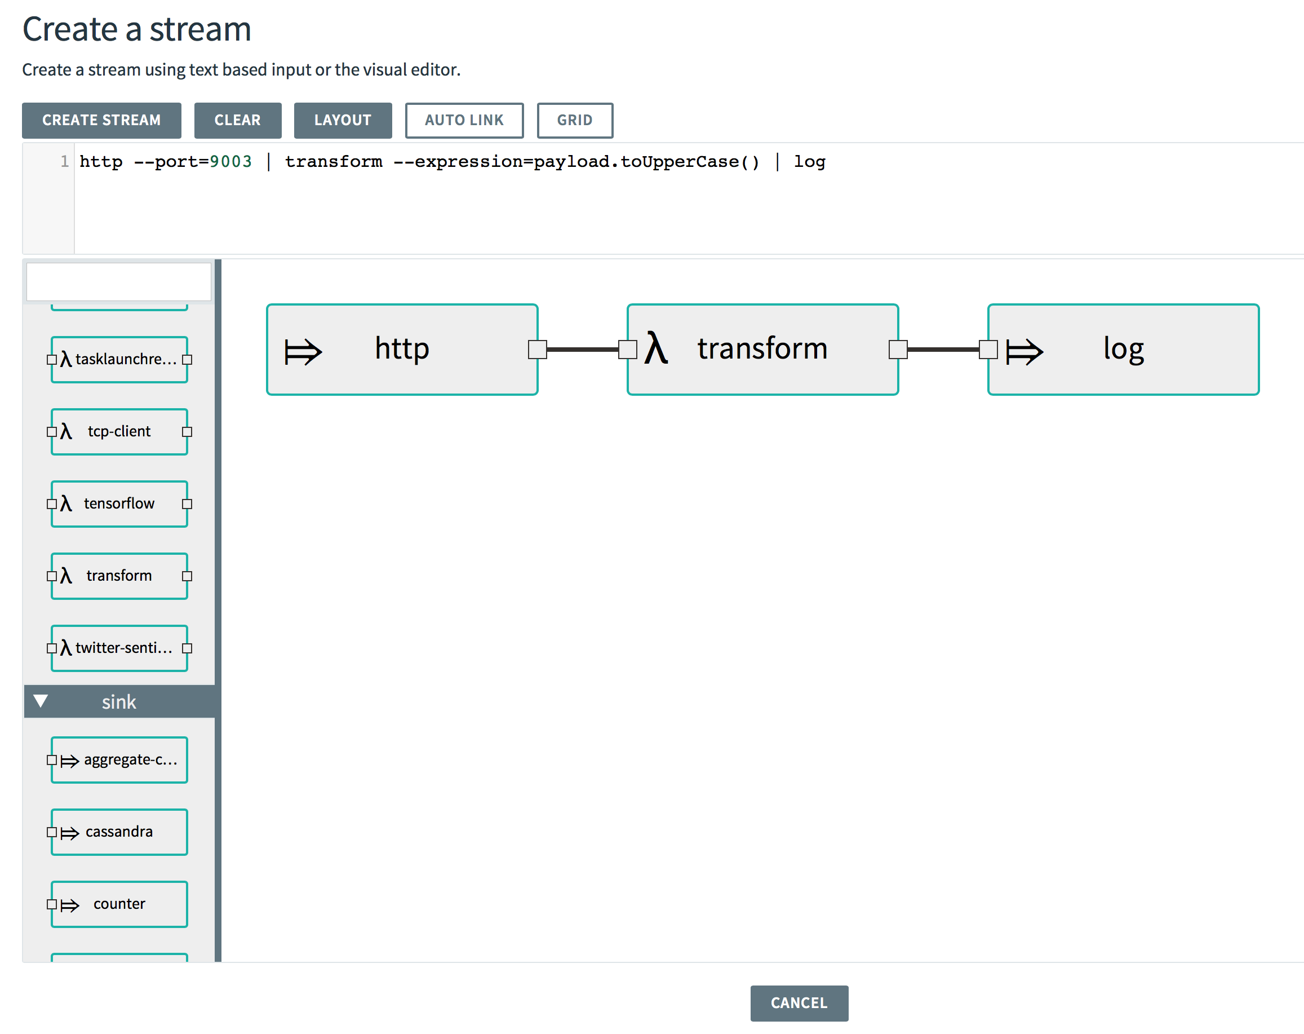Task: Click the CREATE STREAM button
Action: point(101,121)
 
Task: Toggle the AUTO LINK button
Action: point(464,121)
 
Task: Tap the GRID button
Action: point(575,121)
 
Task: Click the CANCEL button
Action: point(799,1003)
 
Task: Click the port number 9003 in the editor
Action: point(230,162)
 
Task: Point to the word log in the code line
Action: point(809,162)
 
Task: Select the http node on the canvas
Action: point(402,350)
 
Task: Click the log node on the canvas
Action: point(1123,350)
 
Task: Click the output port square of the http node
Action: point(537,350)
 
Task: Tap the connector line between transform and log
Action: point(943,350)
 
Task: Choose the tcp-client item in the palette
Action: point(119,431)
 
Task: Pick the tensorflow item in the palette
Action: point(119,503)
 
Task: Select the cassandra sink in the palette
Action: point(119,832)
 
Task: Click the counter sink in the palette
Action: point(119,904)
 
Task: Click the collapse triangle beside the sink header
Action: point(41,701)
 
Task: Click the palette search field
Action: point(118,281)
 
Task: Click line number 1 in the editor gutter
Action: point(64,162)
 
